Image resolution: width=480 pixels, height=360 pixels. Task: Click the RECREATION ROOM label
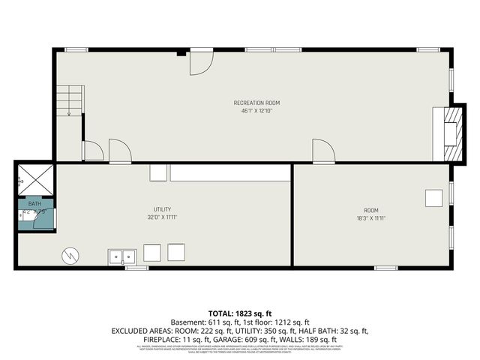pyautogui.click(x=256, y=103)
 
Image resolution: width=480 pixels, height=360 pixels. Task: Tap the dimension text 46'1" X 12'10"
pyautogui.click(x=256, y=111)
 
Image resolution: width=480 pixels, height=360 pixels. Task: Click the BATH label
pyautogui.click(x=34, y=204)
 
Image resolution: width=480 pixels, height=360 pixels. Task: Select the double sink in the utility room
pyautogui.click(x=121, y=256)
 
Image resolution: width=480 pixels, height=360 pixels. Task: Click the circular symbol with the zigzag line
pyautogui.click(x=70, y=256)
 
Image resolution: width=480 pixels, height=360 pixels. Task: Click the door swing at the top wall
pyautogui.click(x=200, y=62)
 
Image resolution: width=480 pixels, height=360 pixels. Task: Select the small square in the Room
pyautogui.click(x=433, y=198)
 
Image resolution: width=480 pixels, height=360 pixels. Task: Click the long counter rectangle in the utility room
pyautogui.click(x=229, y=173)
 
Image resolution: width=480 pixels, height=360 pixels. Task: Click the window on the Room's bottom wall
pyautogui.click(x=385, y=268)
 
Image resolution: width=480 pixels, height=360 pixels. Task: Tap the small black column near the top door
pyautogui.click(x=180, y=53)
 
